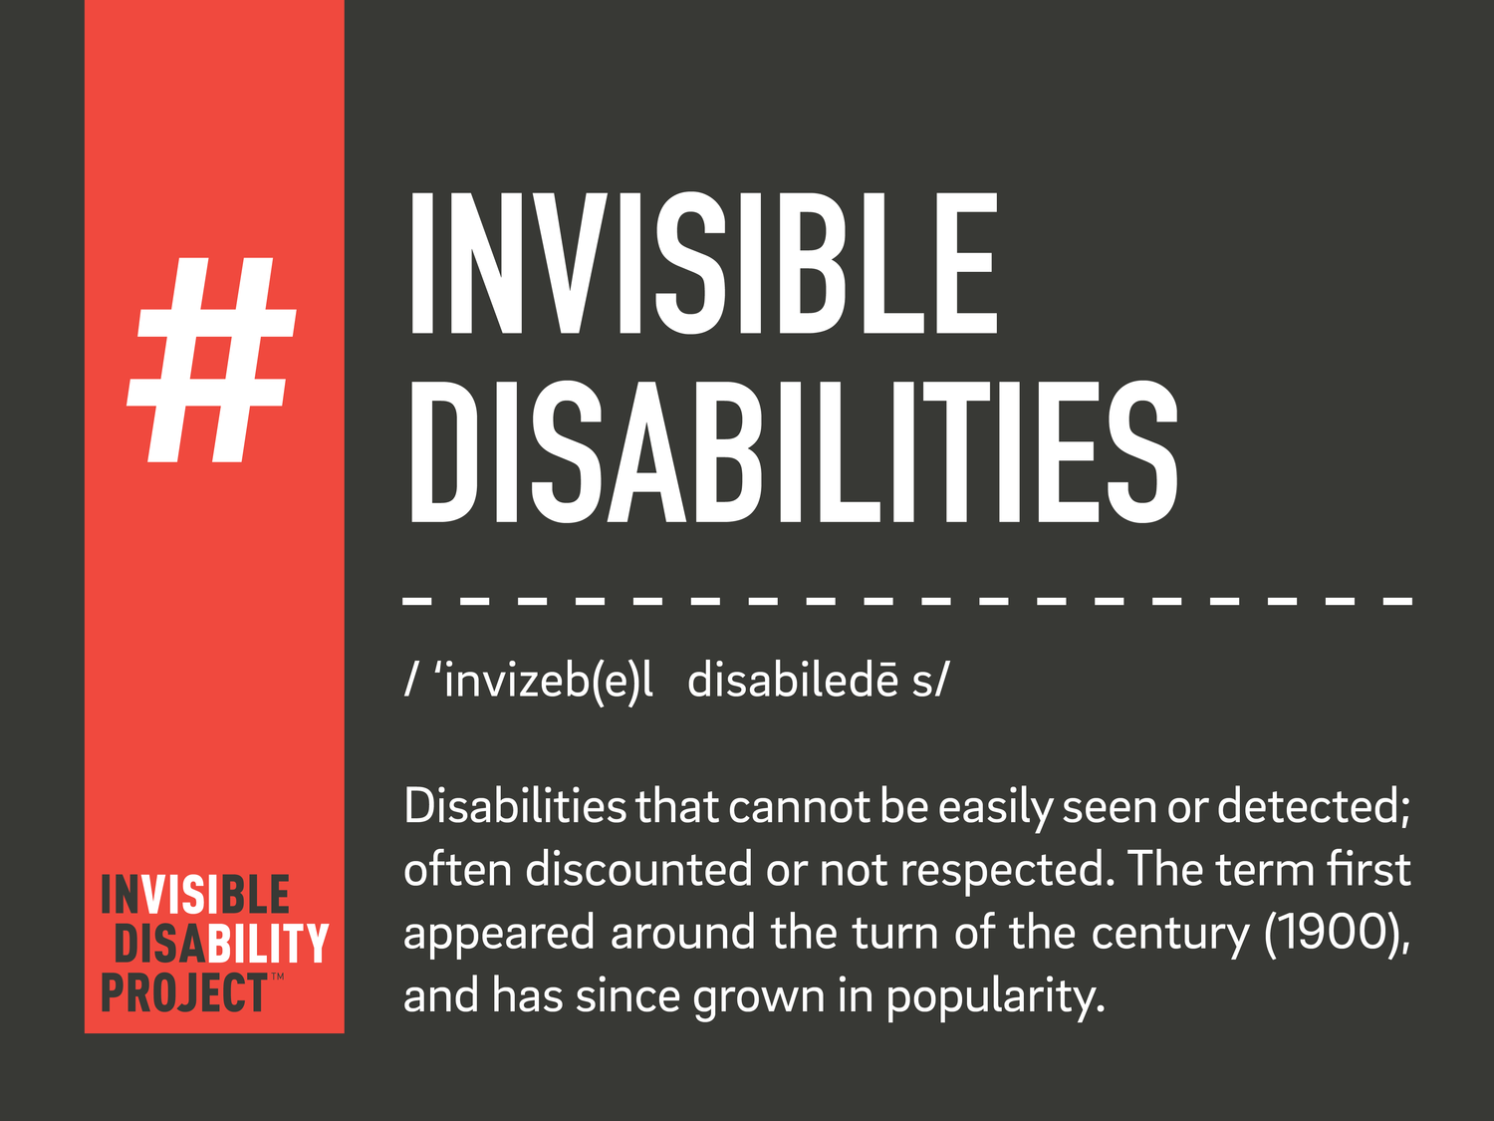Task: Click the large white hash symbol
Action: [212, 361]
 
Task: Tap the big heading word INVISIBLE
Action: [702, 264]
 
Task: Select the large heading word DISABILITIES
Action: [793, 452]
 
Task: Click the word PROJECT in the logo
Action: [183, 993]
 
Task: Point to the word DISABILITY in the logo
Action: [221, 944]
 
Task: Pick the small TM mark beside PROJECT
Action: [277, 977]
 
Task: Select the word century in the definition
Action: [1170, 934]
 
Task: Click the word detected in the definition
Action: [1314, 806]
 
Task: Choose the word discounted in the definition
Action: [638, 870]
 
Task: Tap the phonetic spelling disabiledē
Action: [793, 681]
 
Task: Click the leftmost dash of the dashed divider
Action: [416, 601]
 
